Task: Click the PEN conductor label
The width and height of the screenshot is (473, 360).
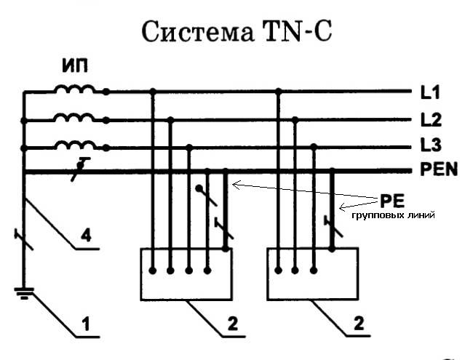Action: point(439,171)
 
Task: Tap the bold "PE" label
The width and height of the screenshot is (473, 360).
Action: point(386,200)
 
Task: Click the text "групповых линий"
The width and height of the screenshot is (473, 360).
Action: point(394,216)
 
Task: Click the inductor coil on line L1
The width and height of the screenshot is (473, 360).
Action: point(73,90)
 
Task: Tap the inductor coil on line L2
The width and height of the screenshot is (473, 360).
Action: point(73,117)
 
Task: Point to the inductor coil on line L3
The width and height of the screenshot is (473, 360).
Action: point(73,143)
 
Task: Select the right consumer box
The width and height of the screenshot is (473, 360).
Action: point(314,274)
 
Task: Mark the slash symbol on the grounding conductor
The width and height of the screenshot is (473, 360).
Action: point(25,237)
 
